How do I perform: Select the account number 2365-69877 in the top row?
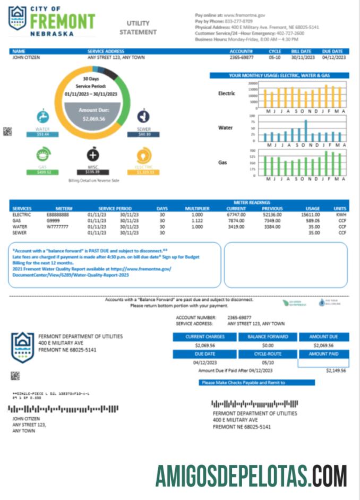tap(242, 57)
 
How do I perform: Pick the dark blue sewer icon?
tap(143, 116)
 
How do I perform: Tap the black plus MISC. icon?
tap(93, 155)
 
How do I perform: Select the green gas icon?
tap(42, 155)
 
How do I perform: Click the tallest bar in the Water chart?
tap(306, 131)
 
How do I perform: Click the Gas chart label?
tap(223, 162)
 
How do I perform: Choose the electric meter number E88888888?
tap(57, 215)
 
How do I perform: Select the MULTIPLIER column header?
tap(197, 209)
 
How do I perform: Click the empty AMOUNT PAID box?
tap(323, 363)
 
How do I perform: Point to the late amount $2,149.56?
tap(336, 370)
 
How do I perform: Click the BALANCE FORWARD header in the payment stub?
tap(268, 337)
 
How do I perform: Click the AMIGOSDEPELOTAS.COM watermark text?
tap(251, 476)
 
